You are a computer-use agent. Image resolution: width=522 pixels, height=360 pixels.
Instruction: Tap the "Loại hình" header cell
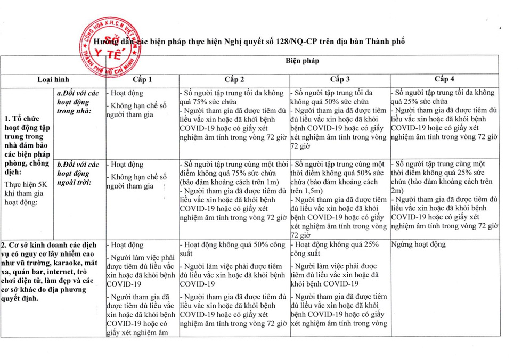53,79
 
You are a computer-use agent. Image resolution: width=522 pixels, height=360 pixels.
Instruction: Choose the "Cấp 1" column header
142,79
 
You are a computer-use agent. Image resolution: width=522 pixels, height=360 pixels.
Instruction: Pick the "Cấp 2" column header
234,79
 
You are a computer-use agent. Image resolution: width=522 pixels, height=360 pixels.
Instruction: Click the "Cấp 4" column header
444,79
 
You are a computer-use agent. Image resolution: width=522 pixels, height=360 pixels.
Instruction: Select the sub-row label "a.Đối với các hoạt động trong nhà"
78,101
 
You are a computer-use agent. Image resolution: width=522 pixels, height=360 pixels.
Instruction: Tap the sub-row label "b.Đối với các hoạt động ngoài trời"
78,173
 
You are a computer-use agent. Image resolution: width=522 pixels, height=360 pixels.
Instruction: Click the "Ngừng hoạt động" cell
419,244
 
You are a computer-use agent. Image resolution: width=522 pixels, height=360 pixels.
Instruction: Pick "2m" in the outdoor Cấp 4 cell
397,189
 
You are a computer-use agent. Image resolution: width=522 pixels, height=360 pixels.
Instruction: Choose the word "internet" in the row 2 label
65,272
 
